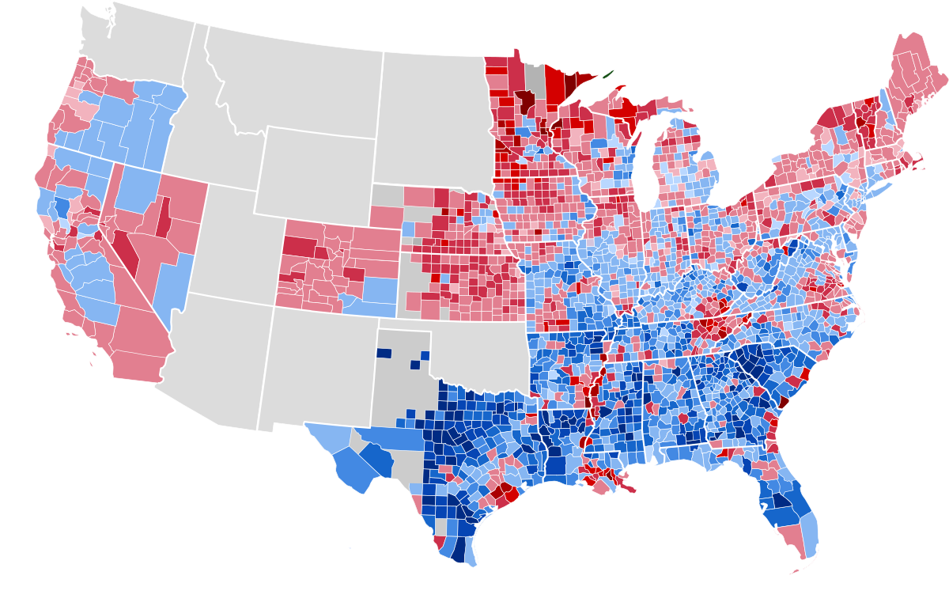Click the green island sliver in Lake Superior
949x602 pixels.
click(607, 75)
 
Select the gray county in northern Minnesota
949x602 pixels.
click(537, 79)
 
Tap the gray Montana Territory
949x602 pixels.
click(293, 79)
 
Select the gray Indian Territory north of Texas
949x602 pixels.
click(475, 348)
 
